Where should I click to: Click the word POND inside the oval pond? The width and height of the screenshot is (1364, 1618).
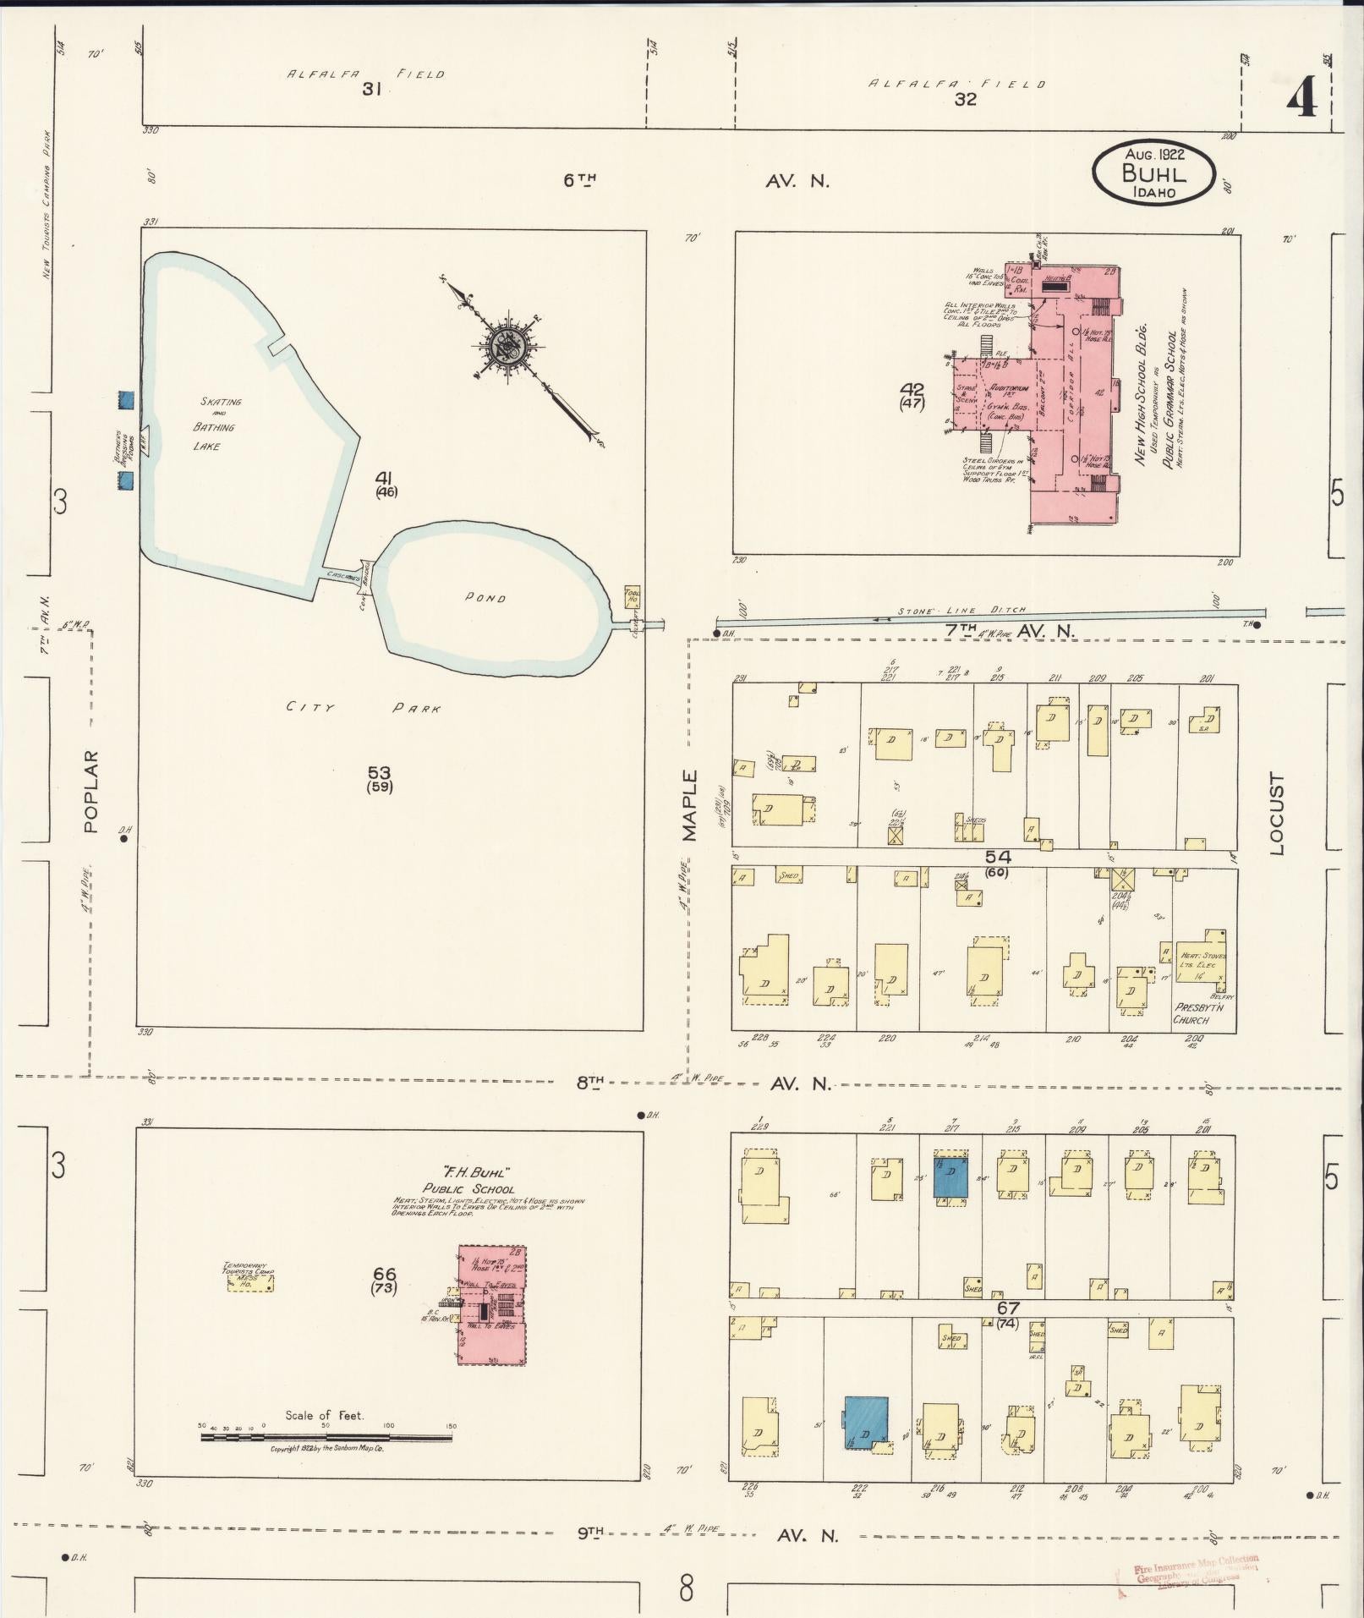pyautogui.click(x=485, y=598)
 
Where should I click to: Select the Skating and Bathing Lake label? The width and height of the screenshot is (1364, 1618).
pyautogui.click(x=214, y=424)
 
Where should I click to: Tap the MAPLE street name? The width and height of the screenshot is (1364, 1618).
pyautogui.click(x=690, y=804)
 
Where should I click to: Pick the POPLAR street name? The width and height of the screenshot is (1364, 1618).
pyautogui.click(x=91, y=792)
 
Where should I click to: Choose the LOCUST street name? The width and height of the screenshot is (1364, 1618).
pyautogui.click(x=1277, y=814)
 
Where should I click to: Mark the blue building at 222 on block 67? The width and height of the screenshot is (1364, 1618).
pyautogui.click(x=866, y=1422)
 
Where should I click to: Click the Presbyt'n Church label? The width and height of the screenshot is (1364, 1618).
pyautogui.click(x=1193, y=1013)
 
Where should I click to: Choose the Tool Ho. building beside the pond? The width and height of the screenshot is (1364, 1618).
pyautogui.click(x=633, y=595)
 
